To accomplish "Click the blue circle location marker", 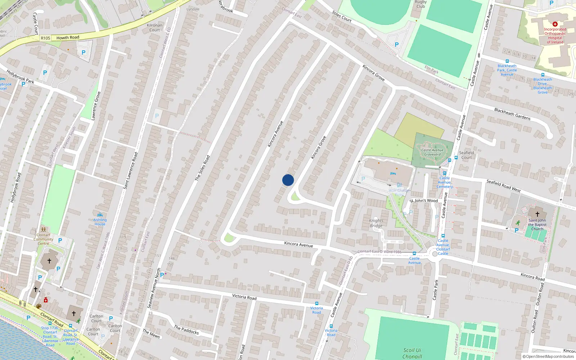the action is point(288,180).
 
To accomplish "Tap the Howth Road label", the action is point(68,37).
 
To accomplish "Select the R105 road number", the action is point(46,38).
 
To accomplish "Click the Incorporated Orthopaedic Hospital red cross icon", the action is point(555,24).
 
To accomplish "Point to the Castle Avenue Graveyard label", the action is point(432,152).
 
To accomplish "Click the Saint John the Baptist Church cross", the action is point(537,214).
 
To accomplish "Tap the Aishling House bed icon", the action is point(100,215).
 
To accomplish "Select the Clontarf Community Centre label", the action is point(44,239).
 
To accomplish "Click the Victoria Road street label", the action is point(244,297).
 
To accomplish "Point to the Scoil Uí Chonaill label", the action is point(412,353).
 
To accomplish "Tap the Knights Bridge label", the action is point(376,223).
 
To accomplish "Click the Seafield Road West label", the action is point(503,185).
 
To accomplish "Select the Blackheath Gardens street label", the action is point(512,114).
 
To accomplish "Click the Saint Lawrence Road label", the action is point(131,171).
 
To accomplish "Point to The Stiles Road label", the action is point(202,168).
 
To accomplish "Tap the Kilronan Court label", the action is point(155,27).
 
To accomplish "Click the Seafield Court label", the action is point(467,155).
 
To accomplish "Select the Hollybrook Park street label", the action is point(20,77).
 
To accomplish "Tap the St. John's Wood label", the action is point(424,201).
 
